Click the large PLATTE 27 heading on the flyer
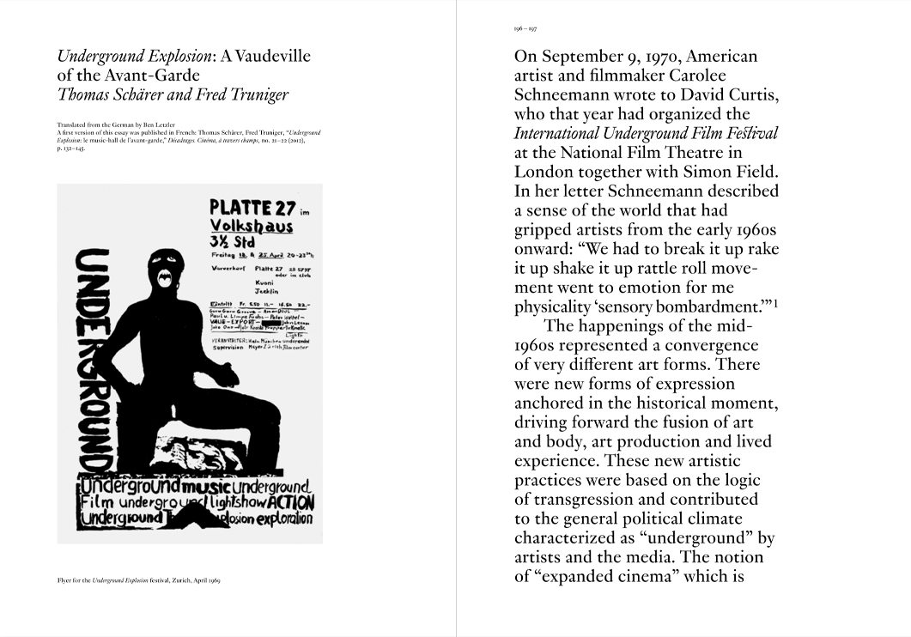[x=252, y=209]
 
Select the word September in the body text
[x=584, y=58]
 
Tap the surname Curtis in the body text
[x=747, y=95]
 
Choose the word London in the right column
[x=545, y=171]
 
